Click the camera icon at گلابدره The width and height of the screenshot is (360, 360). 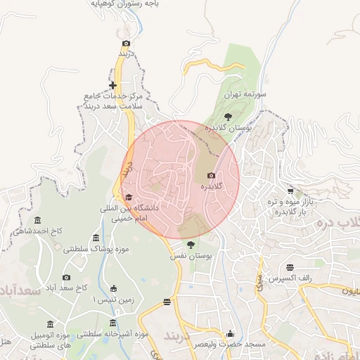coord(211,175)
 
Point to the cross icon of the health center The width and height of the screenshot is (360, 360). coord(112,86)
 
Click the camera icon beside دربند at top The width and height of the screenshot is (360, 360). coord(126,43)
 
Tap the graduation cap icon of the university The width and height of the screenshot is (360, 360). coord(128,198)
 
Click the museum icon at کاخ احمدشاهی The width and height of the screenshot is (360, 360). coord(37,220)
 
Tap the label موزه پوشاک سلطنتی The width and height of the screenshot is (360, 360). coord(94,249)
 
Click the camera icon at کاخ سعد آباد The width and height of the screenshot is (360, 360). coord(67,278)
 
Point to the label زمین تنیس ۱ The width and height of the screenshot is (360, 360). coord(114,300)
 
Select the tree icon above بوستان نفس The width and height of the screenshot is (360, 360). coord(191,244)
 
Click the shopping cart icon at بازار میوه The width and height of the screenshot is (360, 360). coord(290,191)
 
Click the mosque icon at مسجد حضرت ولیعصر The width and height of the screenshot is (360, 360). coord(230,334)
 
